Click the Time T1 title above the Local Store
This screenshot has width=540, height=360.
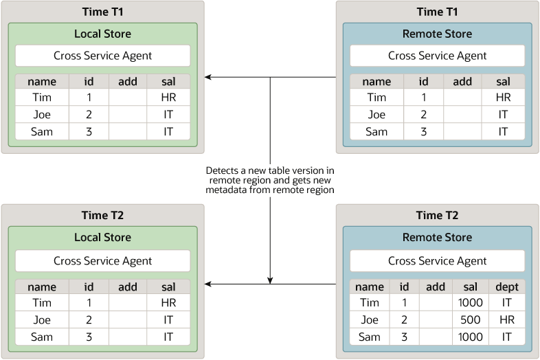[x=102, y=12]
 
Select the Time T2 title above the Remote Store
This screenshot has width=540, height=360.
[x=437, y=215]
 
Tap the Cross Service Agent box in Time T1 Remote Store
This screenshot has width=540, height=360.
[x=437, y=56]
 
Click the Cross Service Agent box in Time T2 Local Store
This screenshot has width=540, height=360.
[x=102, y=260]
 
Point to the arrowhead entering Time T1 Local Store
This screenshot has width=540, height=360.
[x=208, y=78]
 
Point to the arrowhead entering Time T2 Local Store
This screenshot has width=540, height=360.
[x=208, y=284]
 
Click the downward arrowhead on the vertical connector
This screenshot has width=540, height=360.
[x=270, y=280]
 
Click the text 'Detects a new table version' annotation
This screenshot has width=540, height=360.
[x=270, y=179]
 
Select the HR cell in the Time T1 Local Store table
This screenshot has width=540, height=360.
[x=168, y=98]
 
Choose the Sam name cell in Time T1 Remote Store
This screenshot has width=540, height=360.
[x=376, y=132]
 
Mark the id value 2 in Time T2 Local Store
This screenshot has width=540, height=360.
[x=89, y=319]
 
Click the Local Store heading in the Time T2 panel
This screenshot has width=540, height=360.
[x=102, y=237]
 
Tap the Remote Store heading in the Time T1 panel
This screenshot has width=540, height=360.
[x=437, y=34]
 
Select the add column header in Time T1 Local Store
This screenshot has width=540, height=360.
[x=128, y=81]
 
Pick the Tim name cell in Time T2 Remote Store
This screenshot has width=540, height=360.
[x=370, y=303]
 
